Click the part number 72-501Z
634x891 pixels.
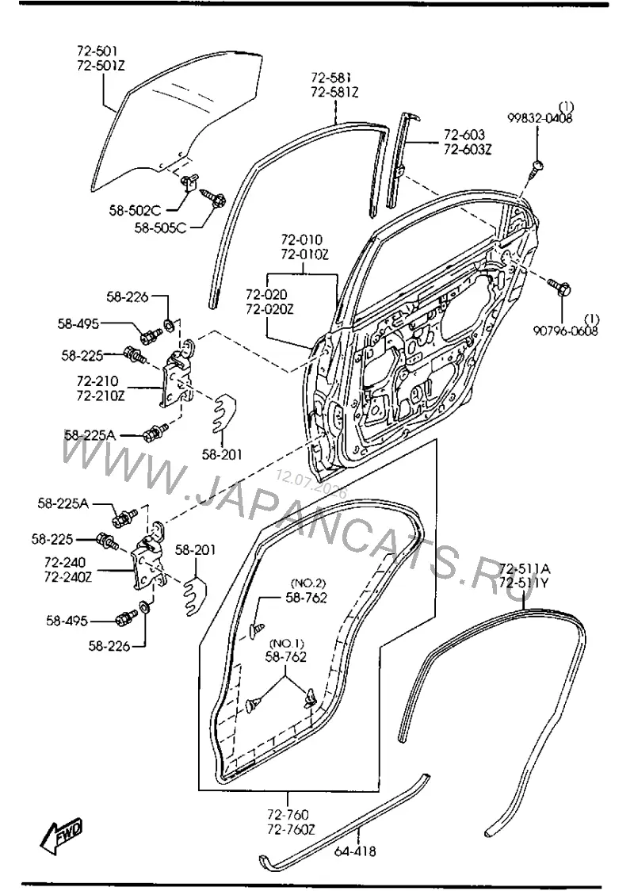pos(101,66)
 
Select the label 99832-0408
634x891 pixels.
pos(540,118)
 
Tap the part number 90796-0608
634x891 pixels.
pos(565,330)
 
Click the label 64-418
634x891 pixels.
pos(356,851)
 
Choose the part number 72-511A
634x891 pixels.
pos(525,569)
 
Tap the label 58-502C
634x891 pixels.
pos(135,211)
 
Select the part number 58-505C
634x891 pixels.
pos(160,228)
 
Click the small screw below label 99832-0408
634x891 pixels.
pos(537,169)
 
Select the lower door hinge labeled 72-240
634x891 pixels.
pos(150,560)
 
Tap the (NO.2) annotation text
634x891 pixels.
pos(308,583)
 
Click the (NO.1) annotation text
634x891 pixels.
pos(286,644)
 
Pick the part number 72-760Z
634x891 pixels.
pos(291,830)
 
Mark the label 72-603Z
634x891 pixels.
pos(468,150)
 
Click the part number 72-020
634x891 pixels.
pos(266,294)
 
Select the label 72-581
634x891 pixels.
pos(330,77)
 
